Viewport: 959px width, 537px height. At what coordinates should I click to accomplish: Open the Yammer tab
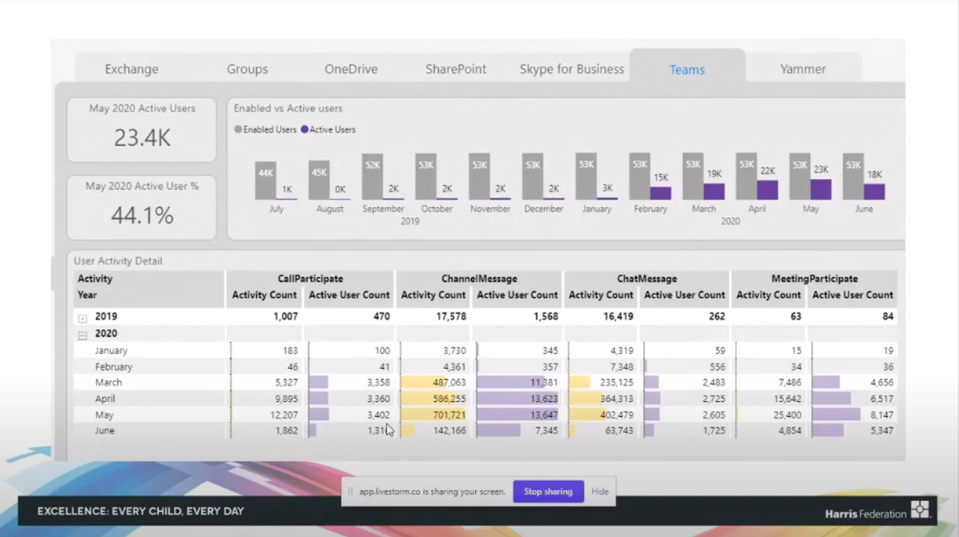(x=803, y=69)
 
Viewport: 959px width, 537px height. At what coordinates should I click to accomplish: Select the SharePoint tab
(x=455, y=69)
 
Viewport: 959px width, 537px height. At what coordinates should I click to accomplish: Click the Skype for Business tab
(x=571, y=69)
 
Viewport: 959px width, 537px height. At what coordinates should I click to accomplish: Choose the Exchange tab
(x=131, y=69)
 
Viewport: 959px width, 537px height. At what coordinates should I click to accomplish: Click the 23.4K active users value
(x=142, y=137)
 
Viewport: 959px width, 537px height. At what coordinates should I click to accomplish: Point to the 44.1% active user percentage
(x=142, y=215)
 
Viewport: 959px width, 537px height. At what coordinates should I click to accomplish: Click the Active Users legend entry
(x=328, y=130)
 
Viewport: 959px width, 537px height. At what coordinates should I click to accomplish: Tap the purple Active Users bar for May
(x=821, y=190)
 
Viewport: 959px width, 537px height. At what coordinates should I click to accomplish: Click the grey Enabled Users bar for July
(x=265, y=181)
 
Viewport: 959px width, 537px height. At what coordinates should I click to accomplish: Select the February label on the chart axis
(x=650, y=209)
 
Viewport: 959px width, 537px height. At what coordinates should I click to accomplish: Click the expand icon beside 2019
(x=83, y=318)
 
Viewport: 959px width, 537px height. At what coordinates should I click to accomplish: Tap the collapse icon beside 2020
(x=83, y=336)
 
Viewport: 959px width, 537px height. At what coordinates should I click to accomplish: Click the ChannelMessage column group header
(x=479, y=279)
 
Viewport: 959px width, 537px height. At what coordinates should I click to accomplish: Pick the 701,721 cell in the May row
(x=449, y=415)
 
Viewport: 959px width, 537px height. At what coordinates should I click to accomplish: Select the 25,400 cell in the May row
(x=787, y=415)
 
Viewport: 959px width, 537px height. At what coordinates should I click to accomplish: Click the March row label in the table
(x=108, y=382)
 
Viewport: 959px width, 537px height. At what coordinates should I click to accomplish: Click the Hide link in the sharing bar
(x=599, y=491)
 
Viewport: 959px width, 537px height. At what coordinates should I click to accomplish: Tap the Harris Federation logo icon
(x=920, y=510)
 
